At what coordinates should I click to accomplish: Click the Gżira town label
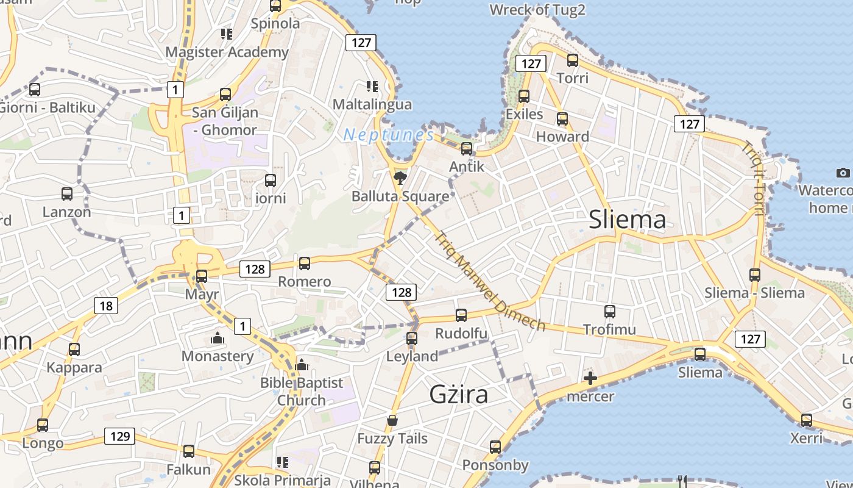coord(459,395)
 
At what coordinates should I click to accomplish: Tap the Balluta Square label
coord(400,196)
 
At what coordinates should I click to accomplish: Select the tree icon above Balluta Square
coord(400,178)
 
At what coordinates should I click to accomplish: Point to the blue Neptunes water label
coord(388,135)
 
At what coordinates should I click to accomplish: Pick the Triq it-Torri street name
coord(754,178)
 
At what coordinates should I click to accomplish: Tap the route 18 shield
coord(106,306)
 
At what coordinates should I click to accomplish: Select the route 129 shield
coord(119,436)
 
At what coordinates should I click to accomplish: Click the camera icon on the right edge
coord(843,173)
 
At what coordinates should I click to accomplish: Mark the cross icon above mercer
coord(590,378)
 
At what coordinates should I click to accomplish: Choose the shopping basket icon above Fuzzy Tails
coord(392,421)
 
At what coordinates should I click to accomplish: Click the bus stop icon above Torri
coord(573,60)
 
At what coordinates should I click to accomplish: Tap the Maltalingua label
coord(372,104)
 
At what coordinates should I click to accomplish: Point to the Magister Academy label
coord(227,52)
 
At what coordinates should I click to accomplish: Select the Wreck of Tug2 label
coord(537,10)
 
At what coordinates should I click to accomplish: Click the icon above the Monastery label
coord(218,338)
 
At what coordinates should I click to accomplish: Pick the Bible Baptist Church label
coord(302,392)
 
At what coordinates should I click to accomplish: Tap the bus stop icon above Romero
coord(305,264)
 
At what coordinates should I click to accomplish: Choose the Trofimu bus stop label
coord(609,330)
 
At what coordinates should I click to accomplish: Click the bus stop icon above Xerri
coord(807,420)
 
